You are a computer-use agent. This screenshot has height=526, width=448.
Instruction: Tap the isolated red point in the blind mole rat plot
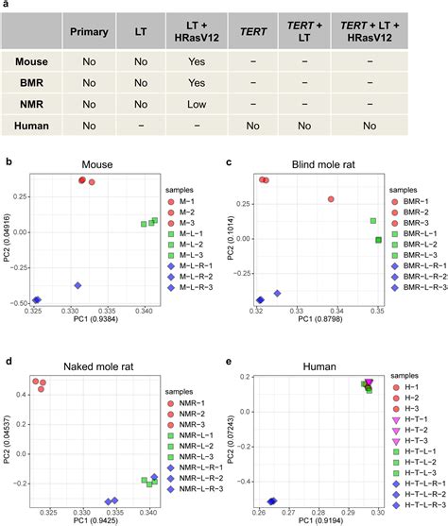click(x=331, y=199)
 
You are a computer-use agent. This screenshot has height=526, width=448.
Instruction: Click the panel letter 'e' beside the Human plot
click(x=230, y=361)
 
